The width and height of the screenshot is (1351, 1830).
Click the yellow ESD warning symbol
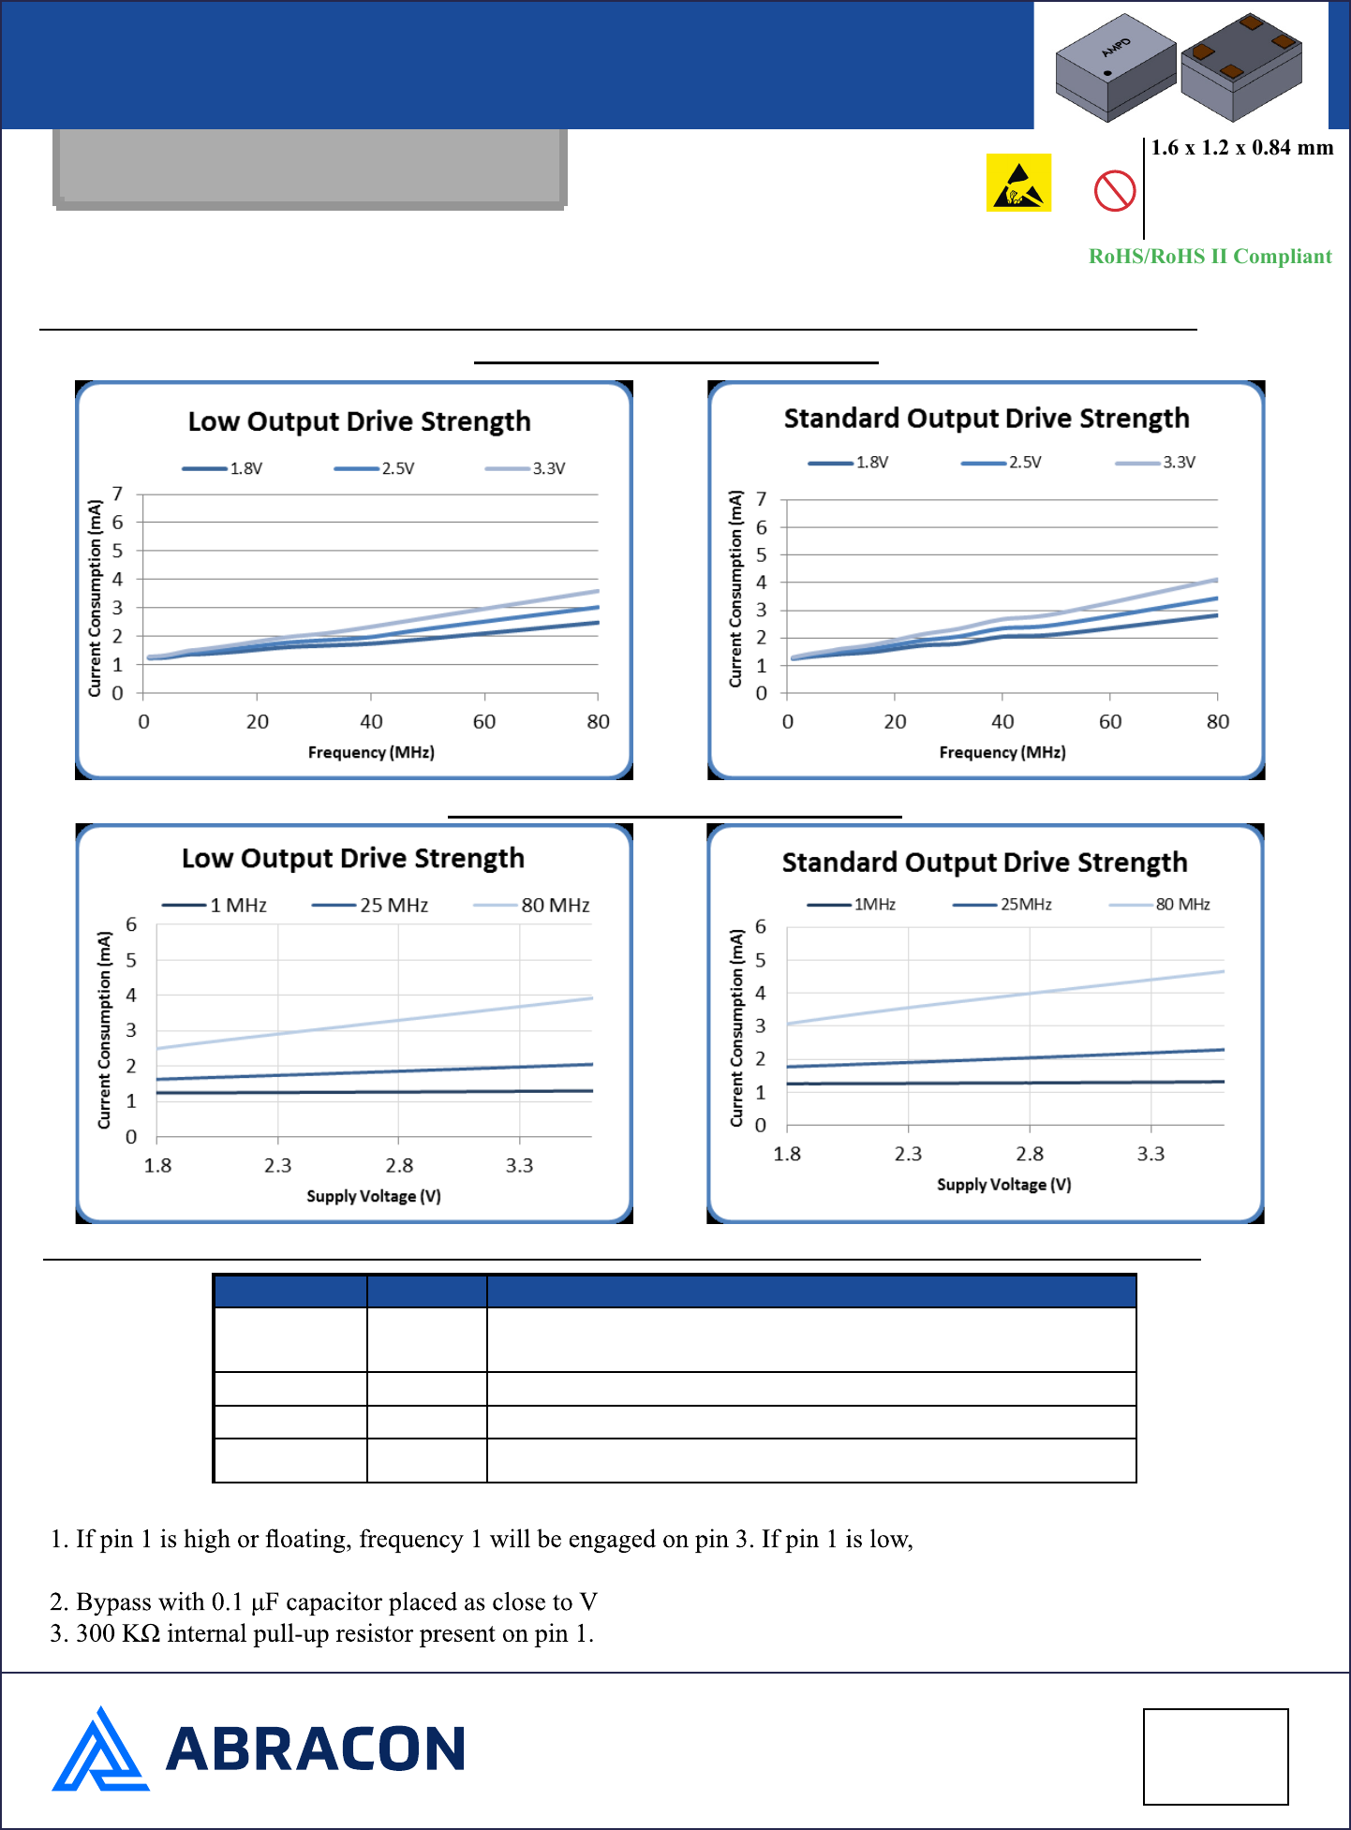tap(1018, 183)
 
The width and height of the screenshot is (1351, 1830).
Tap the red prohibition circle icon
tap(1115, 191)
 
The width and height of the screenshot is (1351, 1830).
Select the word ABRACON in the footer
tap(315, 1749)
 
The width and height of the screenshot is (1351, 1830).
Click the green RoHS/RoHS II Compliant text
tap(1210, 257)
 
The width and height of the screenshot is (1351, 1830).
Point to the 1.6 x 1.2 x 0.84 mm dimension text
tap(1241, 148)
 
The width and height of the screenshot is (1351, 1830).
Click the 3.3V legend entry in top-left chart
tap(548, 468)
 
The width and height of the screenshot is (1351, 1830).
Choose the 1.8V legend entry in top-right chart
tap(871, 463)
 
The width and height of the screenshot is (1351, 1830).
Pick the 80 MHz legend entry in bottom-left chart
tap(555, 906)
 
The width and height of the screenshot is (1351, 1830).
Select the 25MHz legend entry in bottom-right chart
tap(1025, 905)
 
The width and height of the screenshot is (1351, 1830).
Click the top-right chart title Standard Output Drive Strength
tap(987, 418)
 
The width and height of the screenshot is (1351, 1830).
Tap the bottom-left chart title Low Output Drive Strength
tap(353, 858)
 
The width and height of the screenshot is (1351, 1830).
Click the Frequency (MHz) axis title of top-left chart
tap(371, 752)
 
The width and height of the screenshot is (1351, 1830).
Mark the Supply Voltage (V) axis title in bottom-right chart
tap(1003, 1185)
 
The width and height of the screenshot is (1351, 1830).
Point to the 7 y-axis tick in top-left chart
tap(117, 494)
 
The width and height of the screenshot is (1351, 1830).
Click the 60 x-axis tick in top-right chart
tap(1110, 722)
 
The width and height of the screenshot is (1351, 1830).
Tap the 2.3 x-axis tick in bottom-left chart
tap(277, 1166)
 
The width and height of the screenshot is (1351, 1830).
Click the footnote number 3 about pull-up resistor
tap(57, 1634)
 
